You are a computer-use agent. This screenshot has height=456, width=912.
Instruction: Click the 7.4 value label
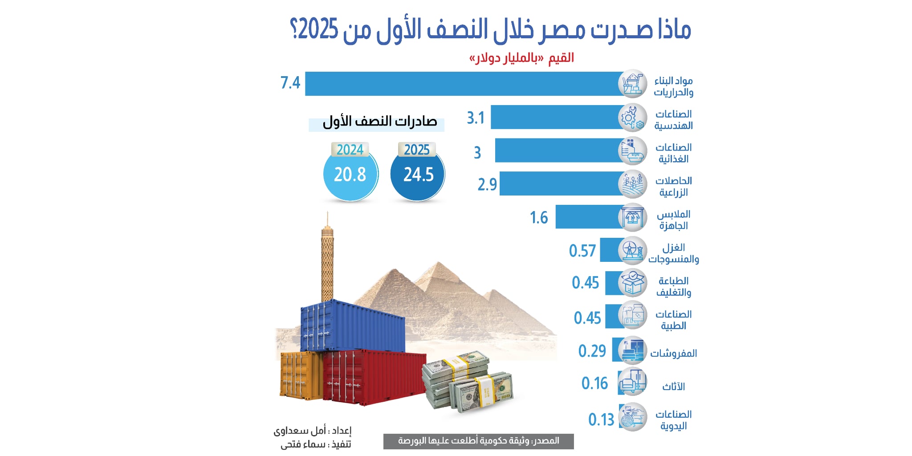coord(290,83)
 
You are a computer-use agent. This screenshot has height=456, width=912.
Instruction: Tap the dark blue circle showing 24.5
coord(418,175)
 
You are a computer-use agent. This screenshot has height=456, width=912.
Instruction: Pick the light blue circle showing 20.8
coord(350,175)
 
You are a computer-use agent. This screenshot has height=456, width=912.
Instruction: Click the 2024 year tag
coord(350,150)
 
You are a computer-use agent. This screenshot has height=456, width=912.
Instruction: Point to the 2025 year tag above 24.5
coord(417,150)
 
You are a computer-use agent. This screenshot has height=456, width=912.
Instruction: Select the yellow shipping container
coord(301,375)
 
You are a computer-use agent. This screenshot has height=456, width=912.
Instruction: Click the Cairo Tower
coord(327,263)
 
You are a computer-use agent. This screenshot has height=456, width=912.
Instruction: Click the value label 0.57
coord(582,251)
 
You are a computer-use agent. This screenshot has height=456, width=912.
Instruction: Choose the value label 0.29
coord(592,351)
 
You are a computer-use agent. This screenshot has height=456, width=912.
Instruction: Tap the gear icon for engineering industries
coord(632,118)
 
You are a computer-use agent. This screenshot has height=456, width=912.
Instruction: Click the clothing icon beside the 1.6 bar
coord(632,217)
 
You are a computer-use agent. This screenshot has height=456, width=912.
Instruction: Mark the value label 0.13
coord(601,419)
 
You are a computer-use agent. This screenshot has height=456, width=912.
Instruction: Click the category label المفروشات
coord(673,354)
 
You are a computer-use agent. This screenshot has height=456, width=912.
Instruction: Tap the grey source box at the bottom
coord(478,441)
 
